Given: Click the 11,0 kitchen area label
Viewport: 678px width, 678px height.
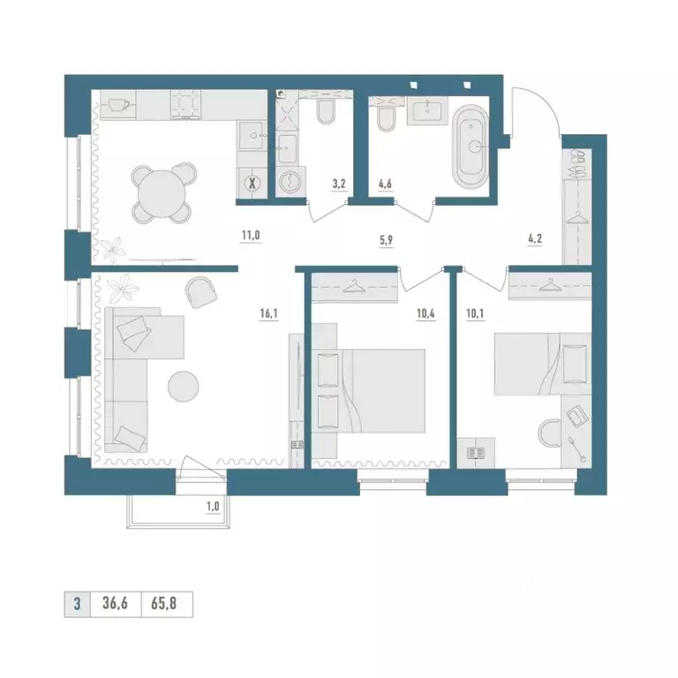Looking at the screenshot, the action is pyautogui.click(x=251, y=236).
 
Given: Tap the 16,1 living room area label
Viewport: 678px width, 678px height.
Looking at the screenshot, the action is pyautogui.click(x=268, y=313).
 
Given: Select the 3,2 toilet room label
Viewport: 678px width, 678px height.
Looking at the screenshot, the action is pyautogui.click(x=339, y=184).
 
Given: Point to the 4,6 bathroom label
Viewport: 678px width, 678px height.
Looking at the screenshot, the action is pyautogui.click(x=385, y=184).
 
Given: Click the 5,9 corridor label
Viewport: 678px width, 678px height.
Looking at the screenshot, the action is pyautogui.click(x=386, y=240).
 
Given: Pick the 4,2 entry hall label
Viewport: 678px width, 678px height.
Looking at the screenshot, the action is pyautogui.click(x=535, y=238).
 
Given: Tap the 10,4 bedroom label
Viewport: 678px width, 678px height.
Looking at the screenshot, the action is pyautogui.click(x=426, y=313).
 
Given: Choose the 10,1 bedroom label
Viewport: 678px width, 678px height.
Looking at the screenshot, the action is pyautogui.click(x=475, y=313).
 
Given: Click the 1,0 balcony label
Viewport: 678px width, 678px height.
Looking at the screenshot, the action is pyautogui.click(x=213, y=507).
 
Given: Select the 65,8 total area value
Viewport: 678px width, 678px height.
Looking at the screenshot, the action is pyautogui.click(x=164, y=603).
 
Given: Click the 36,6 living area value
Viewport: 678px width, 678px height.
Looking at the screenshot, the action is pyautogui.click(x=115, y=603).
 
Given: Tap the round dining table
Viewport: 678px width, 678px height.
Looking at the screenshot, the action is pyautogui.click(x=162, y=192).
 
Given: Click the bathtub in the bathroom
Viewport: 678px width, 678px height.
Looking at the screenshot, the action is pyautogui.click(x=471, y=147).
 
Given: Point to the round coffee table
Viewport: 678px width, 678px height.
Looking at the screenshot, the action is pyautogui.click(x=184, y=387).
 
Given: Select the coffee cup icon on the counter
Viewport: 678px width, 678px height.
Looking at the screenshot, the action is pyautogui.click(x=118, y=105).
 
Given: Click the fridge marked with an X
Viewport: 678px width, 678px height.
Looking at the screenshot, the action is pyautogui.click(x=252, y=183).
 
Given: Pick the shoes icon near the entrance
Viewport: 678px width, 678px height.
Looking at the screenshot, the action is pyautogui.click(x=576, y=163).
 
